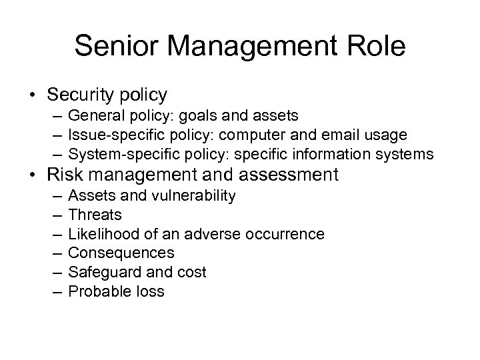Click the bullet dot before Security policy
tap(31, 96)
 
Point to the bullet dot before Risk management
tap(31, 175)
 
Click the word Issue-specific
tap(112, 135)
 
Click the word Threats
tap(95, 215)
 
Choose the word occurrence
tap(284, 234)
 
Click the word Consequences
tap(121, 253)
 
